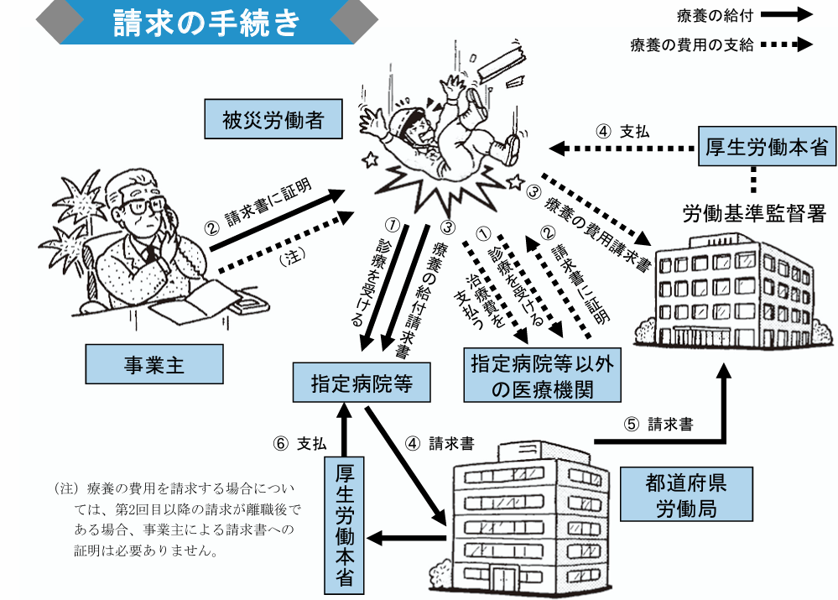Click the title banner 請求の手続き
[x=206, y=23]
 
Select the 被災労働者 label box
[x=273, y=120]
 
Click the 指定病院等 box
[x=361, y=383]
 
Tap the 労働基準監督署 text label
[x=754, y=213]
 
